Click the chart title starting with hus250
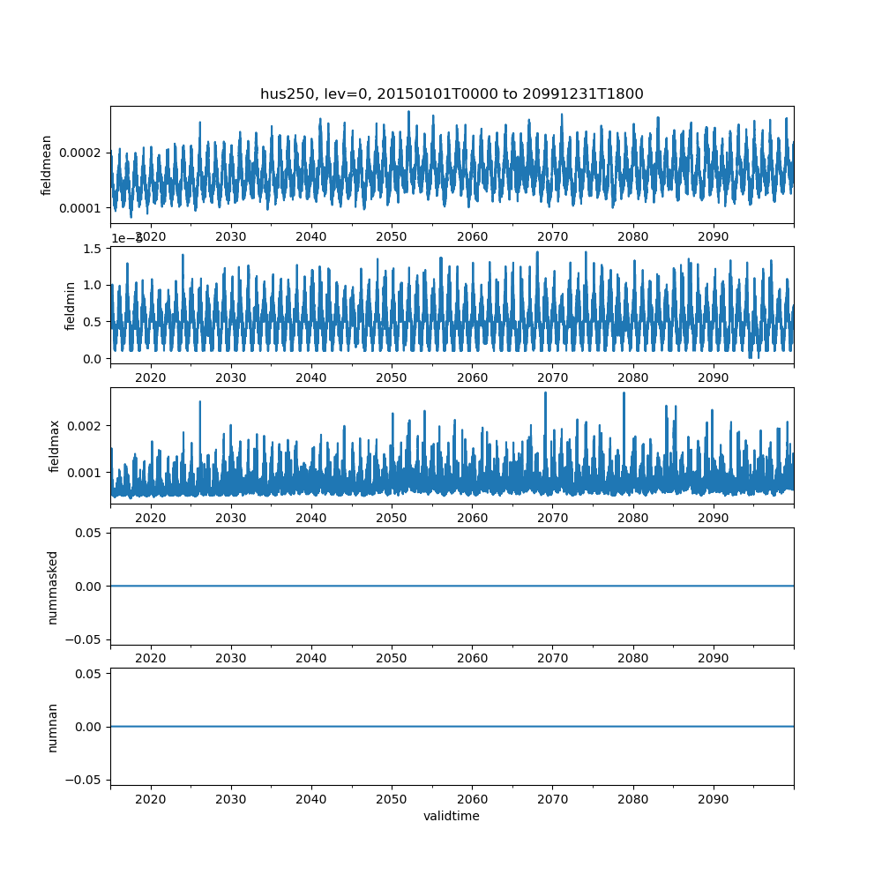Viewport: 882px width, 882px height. [451, 93]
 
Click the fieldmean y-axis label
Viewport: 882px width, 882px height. [47, 165]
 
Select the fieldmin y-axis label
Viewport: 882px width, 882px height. [71, 305]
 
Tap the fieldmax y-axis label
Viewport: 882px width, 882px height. [55, 445]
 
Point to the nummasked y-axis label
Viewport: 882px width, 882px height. [53, 587]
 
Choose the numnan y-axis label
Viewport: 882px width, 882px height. [53, 727]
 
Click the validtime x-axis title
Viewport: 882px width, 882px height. [451, 816]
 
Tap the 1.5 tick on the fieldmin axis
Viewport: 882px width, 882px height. [93, 250]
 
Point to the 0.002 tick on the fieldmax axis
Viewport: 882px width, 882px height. [87, 426]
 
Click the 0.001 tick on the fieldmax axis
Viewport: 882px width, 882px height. [87, 473]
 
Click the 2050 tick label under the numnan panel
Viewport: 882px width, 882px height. [392, 798]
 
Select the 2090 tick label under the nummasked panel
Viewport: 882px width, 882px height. [713, 658]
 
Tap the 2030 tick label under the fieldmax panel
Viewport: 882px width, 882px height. [231, 518]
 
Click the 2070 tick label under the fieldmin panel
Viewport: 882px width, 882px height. [552, 377]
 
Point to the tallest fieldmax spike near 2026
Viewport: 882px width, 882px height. [199, 402]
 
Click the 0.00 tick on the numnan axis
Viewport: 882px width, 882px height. [90, 727]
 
